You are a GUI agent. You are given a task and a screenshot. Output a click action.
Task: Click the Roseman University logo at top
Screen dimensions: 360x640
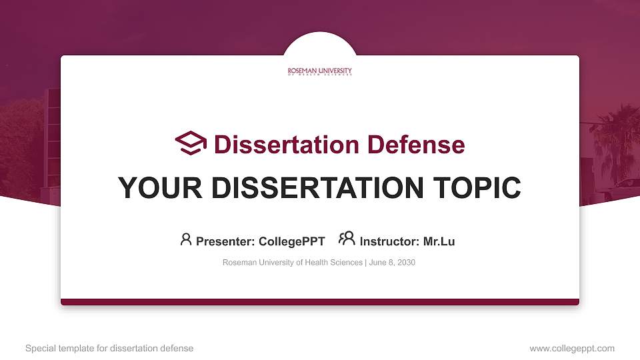point(320,71)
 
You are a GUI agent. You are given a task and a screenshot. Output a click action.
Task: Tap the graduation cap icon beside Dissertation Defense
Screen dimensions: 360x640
point(191,143)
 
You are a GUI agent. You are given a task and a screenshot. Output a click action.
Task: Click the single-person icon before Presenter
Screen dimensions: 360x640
point(186,239)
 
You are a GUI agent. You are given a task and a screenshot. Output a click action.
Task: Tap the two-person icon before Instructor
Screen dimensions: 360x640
point(347,239)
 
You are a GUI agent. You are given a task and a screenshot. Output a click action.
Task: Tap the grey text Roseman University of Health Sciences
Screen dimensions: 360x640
point(293,263)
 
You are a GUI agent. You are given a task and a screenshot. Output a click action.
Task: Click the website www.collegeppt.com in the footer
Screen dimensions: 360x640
point(572,348)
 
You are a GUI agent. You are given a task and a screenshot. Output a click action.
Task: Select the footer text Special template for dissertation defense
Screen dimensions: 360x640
point(109,348)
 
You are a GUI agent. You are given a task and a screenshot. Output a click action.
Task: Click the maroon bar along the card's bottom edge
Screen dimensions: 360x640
point(320,302)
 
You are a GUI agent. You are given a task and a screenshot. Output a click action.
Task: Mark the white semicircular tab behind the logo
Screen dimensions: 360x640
point(320,44)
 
